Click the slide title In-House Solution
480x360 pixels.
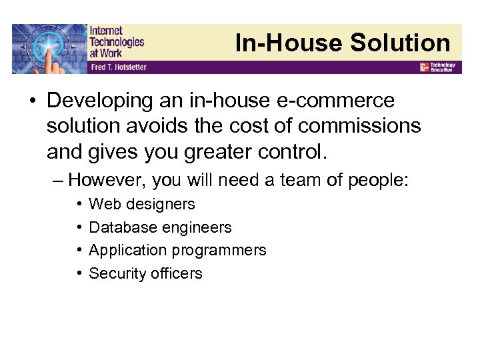343,43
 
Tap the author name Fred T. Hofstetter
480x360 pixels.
118,67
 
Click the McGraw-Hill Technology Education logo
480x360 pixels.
437,67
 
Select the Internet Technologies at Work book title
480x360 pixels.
116,41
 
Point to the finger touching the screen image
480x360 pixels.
49,49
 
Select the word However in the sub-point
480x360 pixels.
109,180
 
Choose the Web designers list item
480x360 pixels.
142,204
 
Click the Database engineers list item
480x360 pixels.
160,227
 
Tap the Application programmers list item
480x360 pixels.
177,250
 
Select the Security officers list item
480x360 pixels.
145,273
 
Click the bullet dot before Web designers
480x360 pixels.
79,204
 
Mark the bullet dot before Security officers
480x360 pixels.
79,273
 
